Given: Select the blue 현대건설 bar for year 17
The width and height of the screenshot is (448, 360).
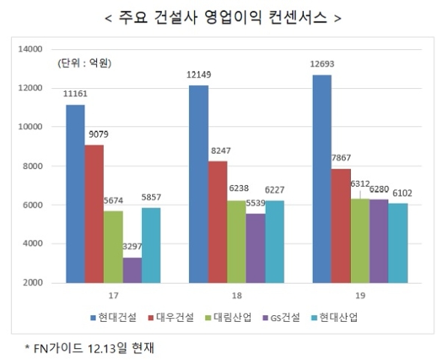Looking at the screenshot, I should click(x=75, y=193).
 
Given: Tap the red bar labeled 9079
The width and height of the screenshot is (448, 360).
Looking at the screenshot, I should click(x=94, y=214).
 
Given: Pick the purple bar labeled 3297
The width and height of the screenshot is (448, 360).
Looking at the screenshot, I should click(x=132, y=270).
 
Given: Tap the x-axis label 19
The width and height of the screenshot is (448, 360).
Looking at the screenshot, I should click(x=361, y=296).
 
